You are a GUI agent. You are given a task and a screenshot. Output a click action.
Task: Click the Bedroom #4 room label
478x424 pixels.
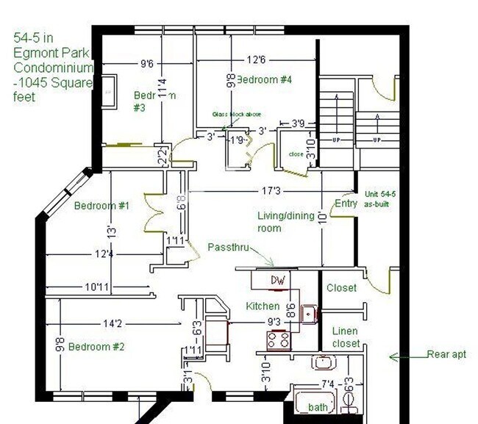[263, 79]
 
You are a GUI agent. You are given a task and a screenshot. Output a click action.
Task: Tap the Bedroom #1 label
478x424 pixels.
[101, 206]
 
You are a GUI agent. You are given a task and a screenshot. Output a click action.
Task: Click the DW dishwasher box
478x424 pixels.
[277, 280]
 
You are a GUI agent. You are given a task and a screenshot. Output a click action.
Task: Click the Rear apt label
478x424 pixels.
[446, 355]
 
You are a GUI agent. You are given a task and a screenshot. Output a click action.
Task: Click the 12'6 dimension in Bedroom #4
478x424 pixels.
[255, 59]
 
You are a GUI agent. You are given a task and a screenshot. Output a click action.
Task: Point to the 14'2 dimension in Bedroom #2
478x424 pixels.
[113, 322]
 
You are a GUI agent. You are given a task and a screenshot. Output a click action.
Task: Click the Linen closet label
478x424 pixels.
[346, 337]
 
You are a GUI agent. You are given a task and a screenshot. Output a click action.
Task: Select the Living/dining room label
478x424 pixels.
[285, 222]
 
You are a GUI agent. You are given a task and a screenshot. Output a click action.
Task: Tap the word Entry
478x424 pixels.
[346, 204]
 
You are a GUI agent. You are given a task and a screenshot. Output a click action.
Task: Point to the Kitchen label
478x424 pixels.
[263, 306]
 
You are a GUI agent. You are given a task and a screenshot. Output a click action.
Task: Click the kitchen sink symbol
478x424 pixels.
[310, 315]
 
